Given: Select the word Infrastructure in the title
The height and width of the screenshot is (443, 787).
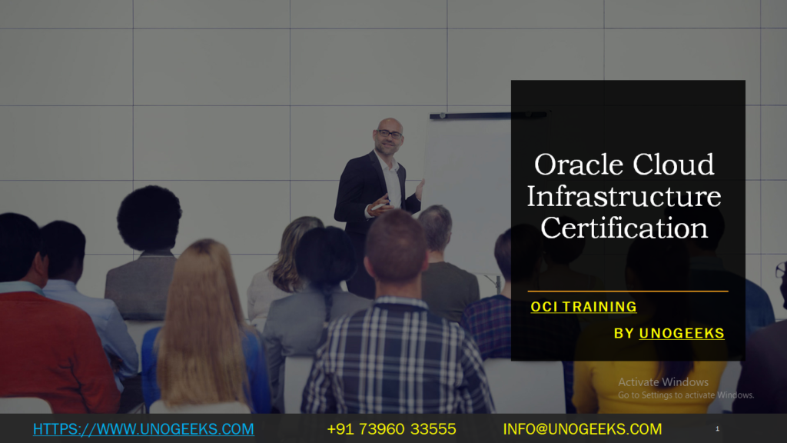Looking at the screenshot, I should click(x=624, y=197).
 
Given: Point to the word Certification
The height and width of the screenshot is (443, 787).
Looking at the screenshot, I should click(x=624, y=228).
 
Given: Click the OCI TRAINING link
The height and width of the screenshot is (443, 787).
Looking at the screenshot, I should click(x=583, y=307).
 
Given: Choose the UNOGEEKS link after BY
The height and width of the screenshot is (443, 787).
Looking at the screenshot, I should click(x=682, y=333).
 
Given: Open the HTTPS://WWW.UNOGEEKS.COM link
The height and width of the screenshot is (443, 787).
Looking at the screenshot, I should click(x=144, y=429).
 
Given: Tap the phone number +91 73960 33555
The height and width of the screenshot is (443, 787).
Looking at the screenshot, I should click(x=391, y=429).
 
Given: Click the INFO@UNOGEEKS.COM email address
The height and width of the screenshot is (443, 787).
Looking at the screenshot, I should click(x=582, y=429).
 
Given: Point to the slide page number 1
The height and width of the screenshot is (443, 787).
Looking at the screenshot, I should click(x=717, y=428).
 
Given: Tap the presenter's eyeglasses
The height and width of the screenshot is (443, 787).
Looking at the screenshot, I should click(x=390, y=135).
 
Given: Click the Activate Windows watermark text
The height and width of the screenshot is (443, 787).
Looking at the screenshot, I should click(x=663, y=382).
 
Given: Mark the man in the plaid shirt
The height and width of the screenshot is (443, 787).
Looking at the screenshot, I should click(x=397, y=338).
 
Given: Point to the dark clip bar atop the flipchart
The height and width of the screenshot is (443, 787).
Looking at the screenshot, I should click(x=488, y=115).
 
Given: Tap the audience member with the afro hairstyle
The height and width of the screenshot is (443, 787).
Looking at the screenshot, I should click(x=149, y=219).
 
